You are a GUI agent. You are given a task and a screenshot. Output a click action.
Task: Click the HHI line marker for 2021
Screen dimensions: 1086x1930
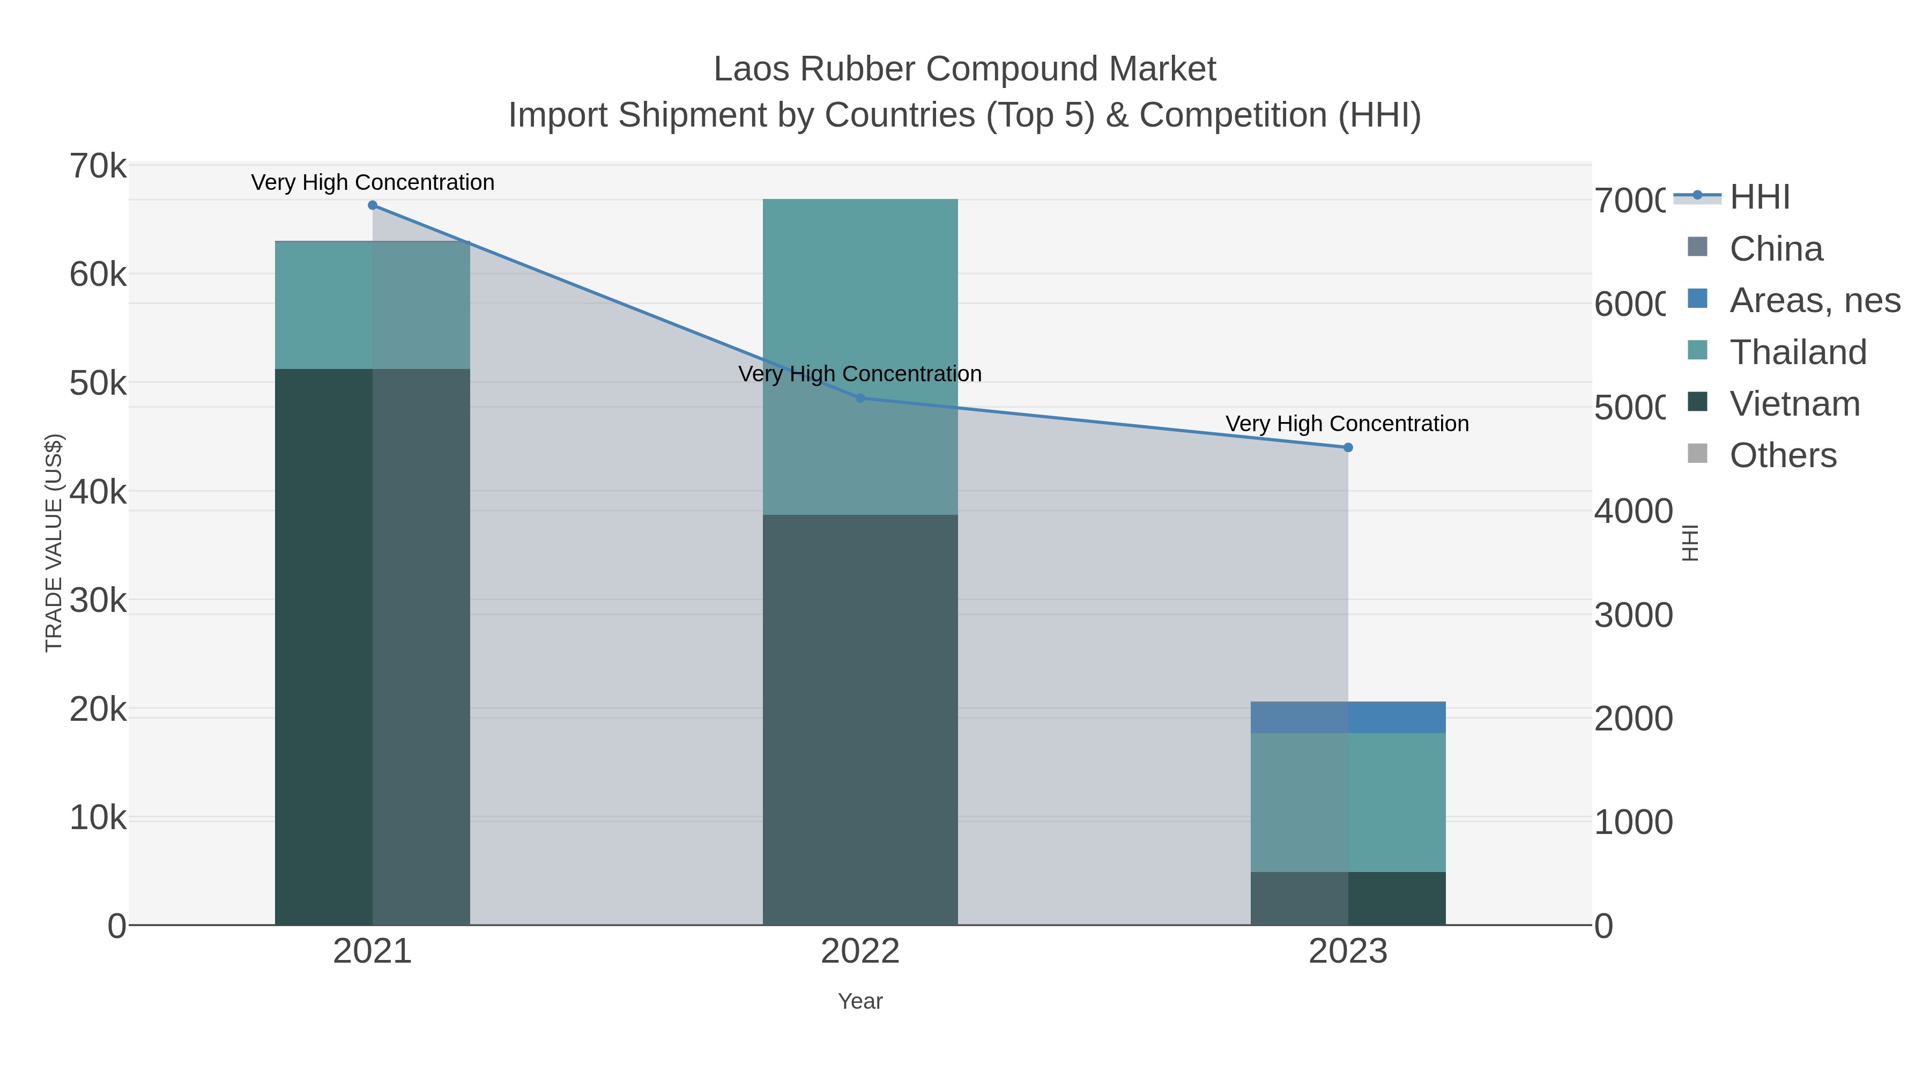pos(373,205)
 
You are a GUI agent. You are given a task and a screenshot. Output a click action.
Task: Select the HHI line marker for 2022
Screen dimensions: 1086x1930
pos(860,398)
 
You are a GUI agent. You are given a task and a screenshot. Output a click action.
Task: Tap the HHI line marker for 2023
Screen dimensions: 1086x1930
pos(1348,447)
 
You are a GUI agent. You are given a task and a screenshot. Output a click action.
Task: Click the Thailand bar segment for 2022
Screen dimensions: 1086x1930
pos(860,356)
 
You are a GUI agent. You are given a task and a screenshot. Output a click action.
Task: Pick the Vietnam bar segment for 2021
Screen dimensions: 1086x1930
pos(373,646)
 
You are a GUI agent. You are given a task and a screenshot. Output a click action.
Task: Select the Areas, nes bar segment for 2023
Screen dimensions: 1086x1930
pos(1348,717)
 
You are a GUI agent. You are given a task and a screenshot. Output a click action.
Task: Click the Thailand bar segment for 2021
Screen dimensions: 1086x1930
pos(373,305)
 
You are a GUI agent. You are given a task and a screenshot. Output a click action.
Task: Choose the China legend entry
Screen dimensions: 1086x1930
pos(1776,249)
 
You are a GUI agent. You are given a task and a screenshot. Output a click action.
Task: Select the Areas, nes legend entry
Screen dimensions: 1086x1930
pos(1814,300)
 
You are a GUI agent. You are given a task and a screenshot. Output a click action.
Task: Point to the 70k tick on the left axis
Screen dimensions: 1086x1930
pos(98,166)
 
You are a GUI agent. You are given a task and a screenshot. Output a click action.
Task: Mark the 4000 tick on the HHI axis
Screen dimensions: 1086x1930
pos(1634,511)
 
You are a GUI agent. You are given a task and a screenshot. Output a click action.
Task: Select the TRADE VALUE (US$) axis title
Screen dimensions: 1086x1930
pos(54,543)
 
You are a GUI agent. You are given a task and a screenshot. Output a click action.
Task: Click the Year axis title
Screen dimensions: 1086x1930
pos(860,1001)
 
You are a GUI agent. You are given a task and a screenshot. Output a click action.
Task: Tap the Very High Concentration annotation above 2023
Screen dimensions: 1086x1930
pos(1347,424)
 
